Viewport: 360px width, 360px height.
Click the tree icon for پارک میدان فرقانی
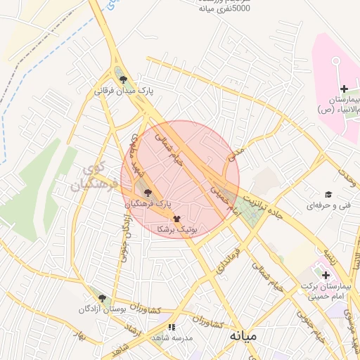pyautogui.click(x=124, y=79)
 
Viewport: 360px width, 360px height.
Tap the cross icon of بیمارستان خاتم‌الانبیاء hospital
pyautogui.click(x=344, y=89)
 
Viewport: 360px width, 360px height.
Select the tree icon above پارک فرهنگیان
pyautogui.click(x=147, y=192)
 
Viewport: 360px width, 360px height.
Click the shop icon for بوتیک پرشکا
pyautogui.click(x=176, y=219)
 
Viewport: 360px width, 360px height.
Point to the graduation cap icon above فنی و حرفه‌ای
pyautogui.click(x=328, y=195)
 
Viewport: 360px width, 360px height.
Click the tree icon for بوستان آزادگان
pyautogui.click(x=102, y=298)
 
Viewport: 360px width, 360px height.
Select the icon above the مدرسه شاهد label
pyautogui.click(x=172, y=326)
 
